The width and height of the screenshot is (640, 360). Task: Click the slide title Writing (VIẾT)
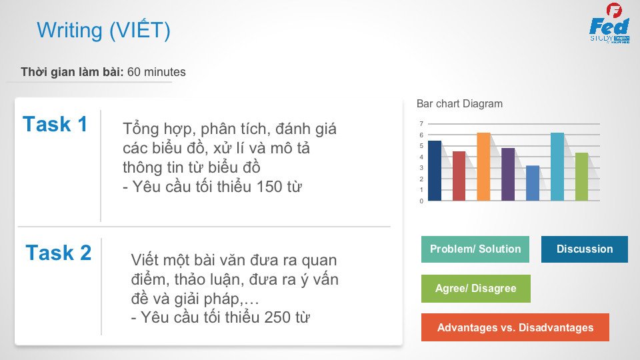103,30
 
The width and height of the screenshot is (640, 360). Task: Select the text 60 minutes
156,72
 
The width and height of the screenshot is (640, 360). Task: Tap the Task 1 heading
55,124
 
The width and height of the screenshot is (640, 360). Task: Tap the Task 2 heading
59,252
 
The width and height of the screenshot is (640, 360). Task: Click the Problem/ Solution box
475,249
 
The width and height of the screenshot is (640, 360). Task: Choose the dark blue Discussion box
585,249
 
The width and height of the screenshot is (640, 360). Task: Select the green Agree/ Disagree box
476,289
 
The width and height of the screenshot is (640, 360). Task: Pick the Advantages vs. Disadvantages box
515,327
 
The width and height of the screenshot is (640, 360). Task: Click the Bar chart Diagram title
459,104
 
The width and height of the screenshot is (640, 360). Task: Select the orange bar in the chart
484,167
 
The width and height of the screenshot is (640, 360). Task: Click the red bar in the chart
459,176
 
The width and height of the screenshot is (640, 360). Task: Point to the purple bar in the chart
508,174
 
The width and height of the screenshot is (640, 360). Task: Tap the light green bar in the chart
581,177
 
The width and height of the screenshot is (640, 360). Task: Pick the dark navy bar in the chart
435,171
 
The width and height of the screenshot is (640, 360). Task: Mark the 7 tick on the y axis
421,124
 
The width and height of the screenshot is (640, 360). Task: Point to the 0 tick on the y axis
421,201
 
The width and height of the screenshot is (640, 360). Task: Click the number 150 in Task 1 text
269,187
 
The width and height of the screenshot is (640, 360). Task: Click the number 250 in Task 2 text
277,317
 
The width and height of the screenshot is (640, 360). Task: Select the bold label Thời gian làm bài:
72,72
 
